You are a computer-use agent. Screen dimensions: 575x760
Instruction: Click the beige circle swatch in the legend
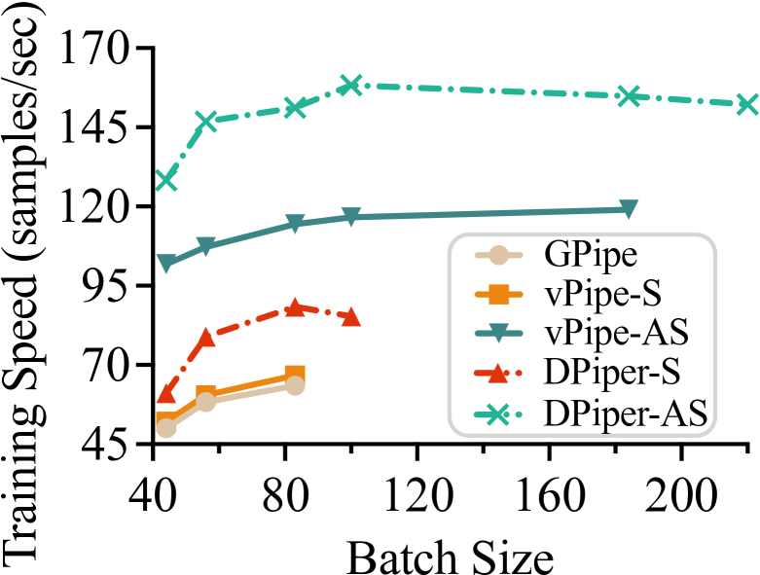point(498,255)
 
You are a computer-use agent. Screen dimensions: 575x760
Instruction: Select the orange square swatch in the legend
point(498,294)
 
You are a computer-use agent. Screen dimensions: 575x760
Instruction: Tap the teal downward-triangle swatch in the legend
point(498,333)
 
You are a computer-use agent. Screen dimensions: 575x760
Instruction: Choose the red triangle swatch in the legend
point(497,373)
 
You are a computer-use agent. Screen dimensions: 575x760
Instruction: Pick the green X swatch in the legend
point(497,414)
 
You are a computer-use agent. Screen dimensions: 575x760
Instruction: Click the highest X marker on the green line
point(351,86)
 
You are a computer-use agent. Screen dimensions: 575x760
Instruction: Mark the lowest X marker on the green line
point(166,179)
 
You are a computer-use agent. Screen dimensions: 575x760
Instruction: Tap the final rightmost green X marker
point(746,104)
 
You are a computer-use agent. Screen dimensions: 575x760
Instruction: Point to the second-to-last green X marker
point(629,95)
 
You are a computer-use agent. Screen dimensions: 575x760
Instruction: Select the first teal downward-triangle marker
point(166,264)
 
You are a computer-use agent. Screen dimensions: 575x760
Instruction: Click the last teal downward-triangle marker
point(629,209)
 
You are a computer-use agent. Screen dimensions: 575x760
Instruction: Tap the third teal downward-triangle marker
point(295,224)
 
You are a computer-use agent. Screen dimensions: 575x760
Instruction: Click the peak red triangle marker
point(295,307)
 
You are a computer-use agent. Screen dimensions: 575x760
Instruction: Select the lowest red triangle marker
point(166,394)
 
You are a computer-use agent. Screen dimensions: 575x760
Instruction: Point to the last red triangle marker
point(351,316)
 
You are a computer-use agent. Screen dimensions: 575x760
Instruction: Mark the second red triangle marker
point(206,338)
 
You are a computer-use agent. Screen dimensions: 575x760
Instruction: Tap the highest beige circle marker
point(295,385)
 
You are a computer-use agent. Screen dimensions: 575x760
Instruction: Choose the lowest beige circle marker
point(166,428)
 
